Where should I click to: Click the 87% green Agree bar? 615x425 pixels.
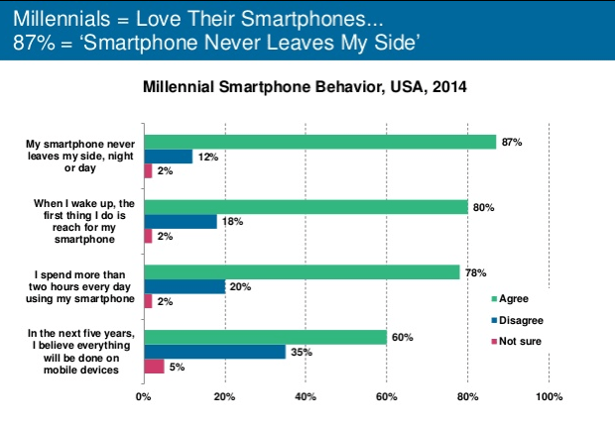319,141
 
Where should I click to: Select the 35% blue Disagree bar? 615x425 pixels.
214,351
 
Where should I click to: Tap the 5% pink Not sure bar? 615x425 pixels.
154,367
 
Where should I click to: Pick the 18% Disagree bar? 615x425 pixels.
180,221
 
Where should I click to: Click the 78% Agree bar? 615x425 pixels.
302,271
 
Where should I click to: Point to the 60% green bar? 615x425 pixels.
265,337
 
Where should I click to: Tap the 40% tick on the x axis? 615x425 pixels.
306,397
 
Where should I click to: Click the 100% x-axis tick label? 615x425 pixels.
549,397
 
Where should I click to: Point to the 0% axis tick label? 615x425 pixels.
144,397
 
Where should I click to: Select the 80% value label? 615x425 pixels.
483,207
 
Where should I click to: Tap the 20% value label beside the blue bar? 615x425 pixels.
240,286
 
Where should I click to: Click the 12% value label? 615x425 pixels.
207,156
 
